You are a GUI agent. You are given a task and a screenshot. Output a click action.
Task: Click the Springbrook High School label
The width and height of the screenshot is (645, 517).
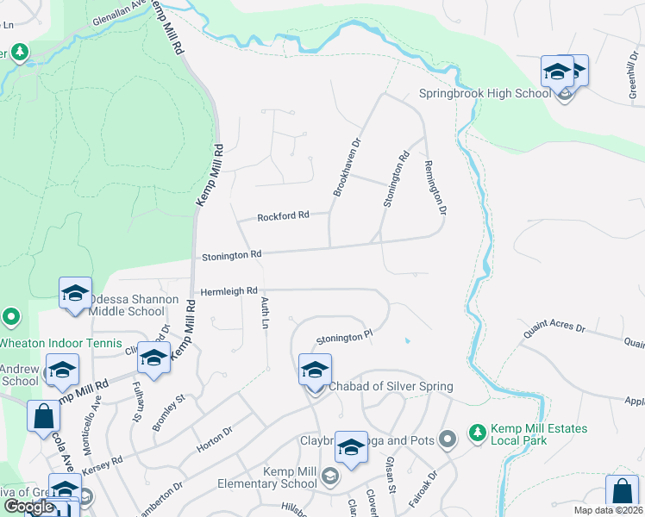tap(484, 93)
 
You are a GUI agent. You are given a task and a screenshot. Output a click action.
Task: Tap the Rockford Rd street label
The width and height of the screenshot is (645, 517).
tap(283, 216)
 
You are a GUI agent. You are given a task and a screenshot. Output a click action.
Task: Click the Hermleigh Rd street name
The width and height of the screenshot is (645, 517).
tap(229, 291)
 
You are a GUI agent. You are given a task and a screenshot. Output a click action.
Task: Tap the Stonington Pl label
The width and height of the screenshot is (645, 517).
tap(343, 339)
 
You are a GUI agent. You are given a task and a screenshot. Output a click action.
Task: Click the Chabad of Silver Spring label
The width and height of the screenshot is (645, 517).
tap(391, 386)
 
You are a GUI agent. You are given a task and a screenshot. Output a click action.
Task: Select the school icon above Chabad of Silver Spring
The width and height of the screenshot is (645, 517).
tap(315, 370)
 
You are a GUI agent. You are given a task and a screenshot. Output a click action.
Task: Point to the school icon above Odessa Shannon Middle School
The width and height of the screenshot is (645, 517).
tap(75, 293)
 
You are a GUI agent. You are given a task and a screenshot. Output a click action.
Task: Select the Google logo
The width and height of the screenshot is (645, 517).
tap(28, 507)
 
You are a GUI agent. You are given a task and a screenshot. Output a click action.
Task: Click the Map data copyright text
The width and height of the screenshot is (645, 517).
tap(609, 510)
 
